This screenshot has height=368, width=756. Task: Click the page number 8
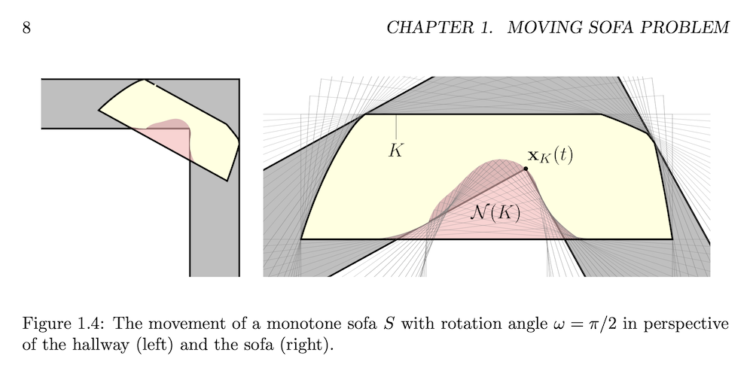coord(26,29)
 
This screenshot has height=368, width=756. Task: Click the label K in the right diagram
coord(396,151)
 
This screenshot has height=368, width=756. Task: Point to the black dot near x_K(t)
coord(526,169)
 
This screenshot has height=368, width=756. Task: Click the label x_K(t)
coord(550,156)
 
